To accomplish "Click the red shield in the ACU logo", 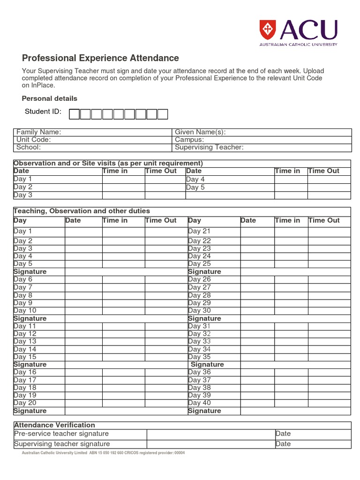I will click(267, 30).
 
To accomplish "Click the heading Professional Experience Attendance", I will click(100, 58).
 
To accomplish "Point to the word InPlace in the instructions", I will click(45, 85).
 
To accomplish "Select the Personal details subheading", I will click(50, 98).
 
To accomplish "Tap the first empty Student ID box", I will click(74, 114).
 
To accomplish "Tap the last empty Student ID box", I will click(163, 114).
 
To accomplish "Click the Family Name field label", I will click(39, 132).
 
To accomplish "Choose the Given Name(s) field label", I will click(200, 132).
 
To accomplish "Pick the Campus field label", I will click(189, 140).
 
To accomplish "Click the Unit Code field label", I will click(34, 140).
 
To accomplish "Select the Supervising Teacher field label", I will click(209, 147).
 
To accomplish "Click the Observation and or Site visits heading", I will click(108, 163).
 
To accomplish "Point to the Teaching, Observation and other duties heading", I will click(82, 211).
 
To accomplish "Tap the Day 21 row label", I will click(200, 231).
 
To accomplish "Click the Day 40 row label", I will click(200, 403).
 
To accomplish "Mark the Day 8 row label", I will click(23, 295).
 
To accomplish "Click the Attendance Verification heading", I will click(54, 425).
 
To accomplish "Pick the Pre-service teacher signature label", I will click(61, 434).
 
